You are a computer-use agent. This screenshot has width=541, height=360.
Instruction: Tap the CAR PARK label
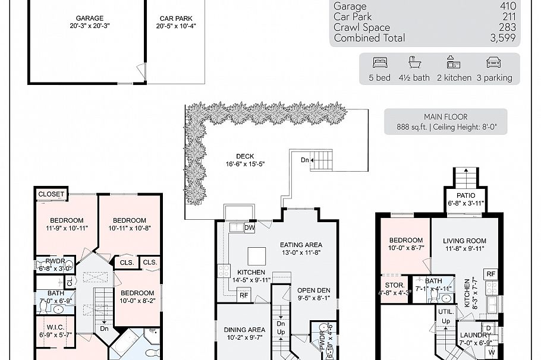[175, 18]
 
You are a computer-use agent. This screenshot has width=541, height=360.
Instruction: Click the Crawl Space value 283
[508, 27]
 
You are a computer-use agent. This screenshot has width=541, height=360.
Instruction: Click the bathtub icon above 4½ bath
[414, 62]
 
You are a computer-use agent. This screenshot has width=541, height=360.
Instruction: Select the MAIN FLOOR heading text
[445, 117]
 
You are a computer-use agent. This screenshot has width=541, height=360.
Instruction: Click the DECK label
[244, 156]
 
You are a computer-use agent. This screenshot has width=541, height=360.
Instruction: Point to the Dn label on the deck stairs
[304, 160]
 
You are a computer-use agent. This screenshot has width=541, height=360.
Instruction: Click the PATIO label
[467, 195]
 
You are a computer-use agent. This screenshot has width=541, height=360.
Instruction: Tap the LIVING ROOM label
[464, 241]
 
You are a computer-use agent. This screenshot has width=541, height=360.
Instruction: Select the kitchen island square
[256, 256]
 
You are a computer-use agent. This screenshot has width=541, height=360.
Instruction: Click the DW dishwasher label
[249, 227]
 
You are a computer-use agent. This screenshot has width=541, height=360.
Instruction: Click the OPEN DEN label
[313, 290]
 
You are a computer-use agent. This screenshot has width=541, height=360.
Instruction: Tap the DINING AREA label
[244, 330]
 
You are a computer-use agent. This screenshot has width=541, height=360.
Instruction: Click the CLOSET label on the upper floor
[52, 194]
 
